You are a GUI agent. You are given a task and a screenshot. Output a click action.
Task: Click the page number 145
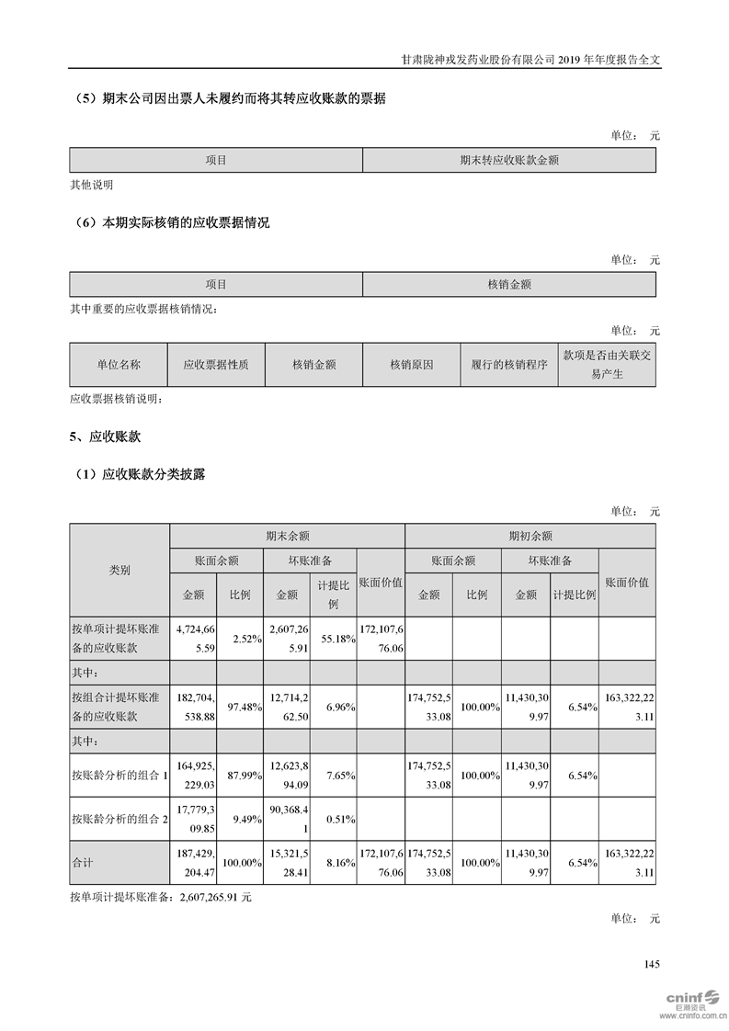tap(653, 964)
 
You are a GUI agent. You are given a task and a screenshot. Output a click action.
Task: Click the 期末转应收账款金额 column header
tap(509, 160)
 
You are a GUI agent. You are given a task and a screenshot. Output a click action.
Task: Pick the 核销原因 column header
tap(411, 365)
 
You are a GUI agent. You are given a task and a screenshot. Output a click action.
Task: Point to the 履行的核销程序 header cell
tap(508, 365)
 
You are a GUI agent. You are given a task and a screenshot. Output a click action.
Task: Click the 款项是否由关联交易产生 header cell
tap(607, 365)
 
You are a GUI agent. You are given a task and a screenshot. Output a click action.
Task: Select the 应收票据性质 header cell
tap(216, 365)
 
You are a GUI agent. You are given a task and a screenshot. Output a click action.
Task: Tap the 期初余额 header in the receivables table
tap(530, 536)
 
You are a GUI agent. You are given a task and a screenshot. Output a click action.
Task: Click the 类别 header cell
tap(120, 570)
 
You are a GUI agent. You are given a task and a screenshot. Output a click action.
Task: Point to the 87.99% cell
tap(239, 776)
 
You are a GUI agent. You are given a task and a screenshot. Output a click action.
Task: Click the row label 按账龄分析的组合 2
tap(120, 817)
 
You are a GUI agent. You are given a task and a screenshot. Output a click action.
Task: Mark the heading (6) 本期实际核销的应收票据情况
tap(170, 223)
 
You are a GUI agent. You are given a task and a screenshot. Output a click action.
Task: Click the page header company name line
tap(531, 58)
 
